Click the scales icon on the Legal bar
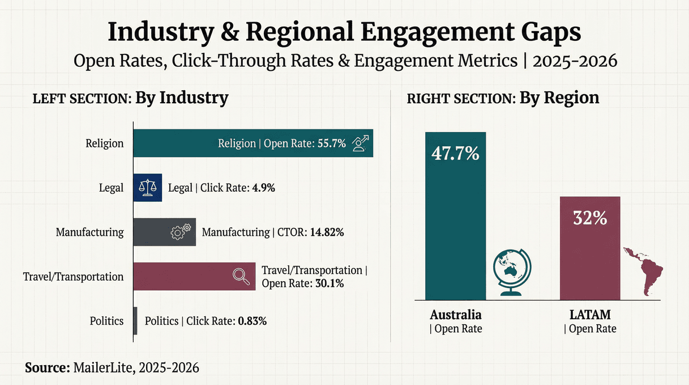coord(147,188)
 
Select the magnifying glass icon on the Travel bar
coord(242,276)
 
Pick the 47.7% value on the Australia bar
coord(455,153)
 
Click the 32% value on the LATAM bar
coord(590,218)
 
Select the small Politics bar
coord(135,321)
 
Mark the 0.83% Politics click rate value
coord(252,321)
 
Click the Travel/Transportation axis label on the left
coord(73,277)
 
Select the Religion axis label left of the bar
coord(104,143)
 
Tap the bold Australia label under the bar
coord(455,315)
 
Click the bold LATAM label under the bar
coord(590,315)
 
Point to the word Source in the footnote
coord(47,367)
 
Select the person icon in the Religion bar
coord(360,143)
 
